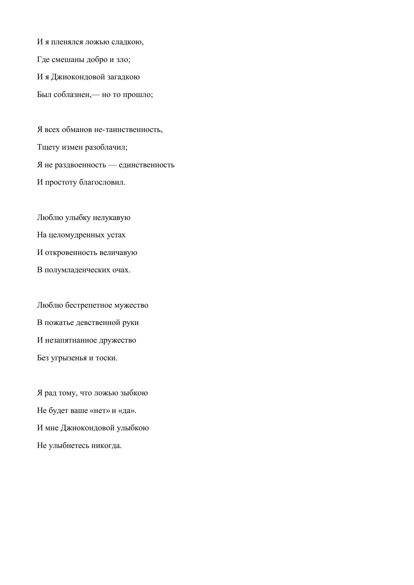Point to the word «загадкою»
click(123, 77)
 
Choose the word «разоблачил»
click(106, 147)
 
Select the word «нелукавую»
click(111, 218)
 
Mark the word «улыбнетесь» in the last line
click(69, 446)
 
